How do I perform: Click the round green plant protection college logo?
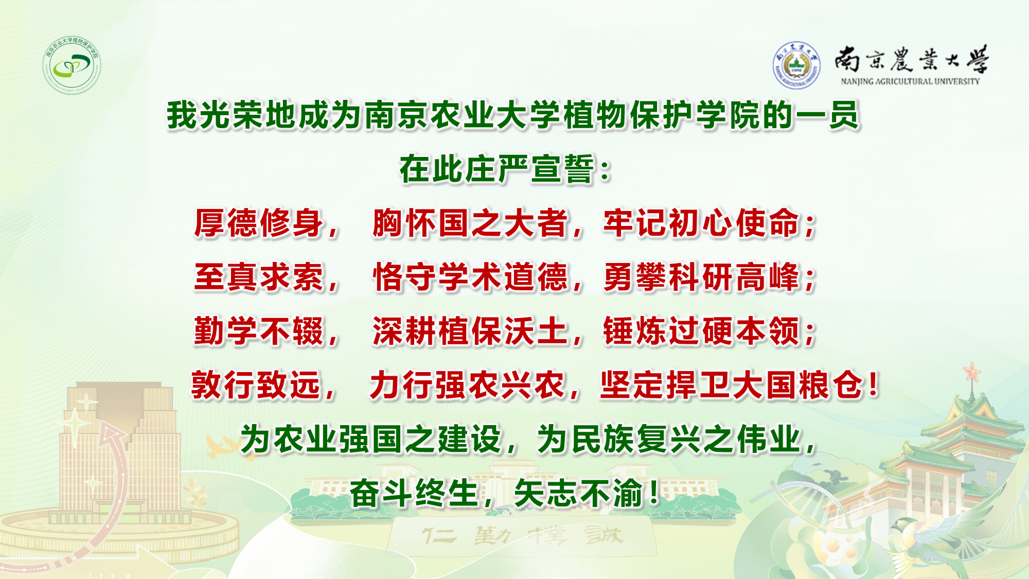pos(72,65)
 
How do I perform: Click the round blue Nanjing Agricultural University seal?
pos(796,65)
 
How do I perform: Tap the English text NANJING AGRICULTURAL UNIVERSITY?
pos(910,81)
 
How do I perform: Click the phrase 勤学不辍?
pos(259,331)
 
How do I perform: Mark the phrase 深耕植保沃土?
pos(470,331)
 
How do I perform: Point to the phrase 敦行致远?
pos(256,385)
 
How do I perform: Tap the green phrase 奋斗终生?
pos(415,493)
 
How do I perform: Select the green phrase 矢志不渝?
pos(578,493)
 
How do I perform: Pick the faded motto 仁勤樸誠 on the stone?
pos(522,537)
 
